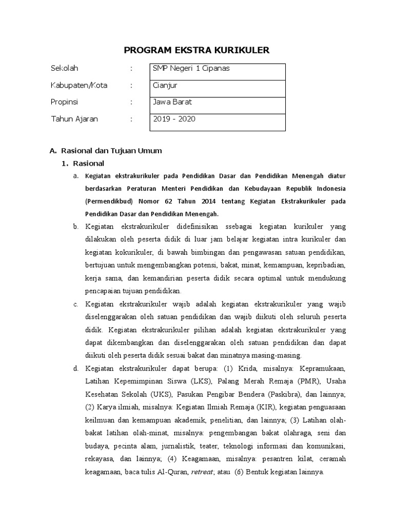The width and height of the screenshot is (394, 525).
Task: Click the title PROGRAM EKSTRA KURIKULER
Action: click(197, 49)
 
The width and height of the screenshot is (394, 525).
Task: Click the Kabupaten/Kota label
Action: click(79, 86)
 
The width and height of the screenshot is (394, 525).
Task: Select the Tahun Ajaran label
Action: click(74, 119)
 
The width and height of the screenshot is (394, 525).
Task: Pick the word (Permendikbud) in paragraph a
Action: click(109, 201)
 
